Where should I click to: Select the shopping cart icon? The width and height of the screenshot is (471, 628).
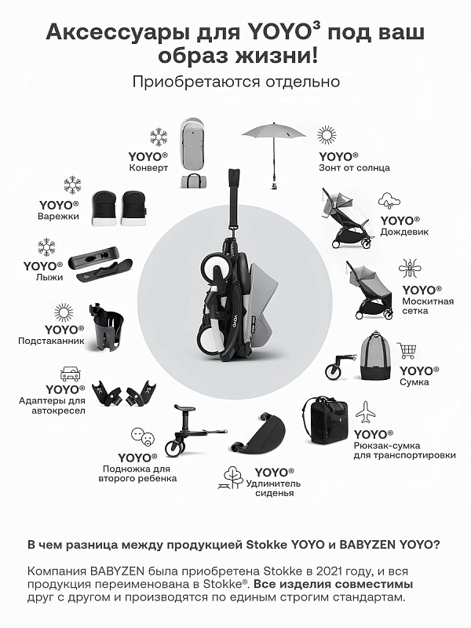(x=407, y=350)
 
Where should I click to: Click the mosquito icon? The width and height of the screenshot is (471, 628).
(x=409, y=268)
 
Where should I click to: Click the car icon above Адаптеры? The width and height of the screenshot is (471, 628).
(x=71, y=374)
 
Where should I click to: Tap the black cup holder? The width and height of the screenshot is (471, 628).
(x=106, y=325)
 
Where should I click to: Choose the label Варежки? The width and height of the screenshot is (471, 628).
(x=58, y=217)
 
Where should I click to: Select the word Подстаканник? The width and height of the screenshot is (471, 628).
(x=51, y=341)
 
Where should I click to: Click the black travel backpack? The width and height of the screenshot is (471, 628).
(x=325, y=420)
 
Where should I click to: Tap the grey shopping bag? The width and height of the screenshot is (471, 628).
(x=375, y=356)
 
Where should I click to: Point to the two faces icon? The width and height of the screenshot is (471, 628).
(x=143, y=437)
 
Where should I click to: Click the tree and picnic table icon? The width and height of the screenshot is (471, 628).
(x=232, y=477)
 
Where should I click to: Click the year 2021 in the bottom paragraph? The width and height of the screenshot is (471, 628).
(x=330, y=571)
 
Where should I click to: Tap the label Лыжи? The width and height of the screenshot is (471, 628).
(x=49, y=277)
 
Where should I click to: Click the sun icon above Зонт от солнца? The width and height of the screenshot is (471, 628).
(x=327, y=135)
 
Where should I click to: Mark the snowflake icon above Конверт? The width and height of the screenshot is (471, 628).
(x=159, y=137)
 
